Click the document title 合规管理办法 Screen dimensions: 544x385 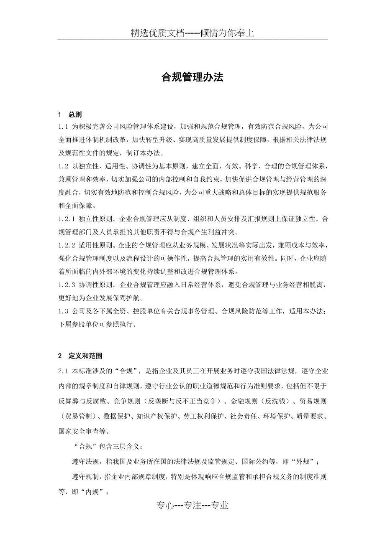[x=192, y=77]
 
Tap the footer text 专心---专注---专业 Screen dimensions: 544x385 [x=192, y=506]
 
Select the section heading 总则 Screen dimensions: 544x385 [x=75, y=115]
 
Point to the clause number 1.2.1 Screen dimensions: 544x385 [x=67, y=219]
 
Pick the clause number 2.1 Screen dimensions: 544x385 [x=63, y=370]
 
